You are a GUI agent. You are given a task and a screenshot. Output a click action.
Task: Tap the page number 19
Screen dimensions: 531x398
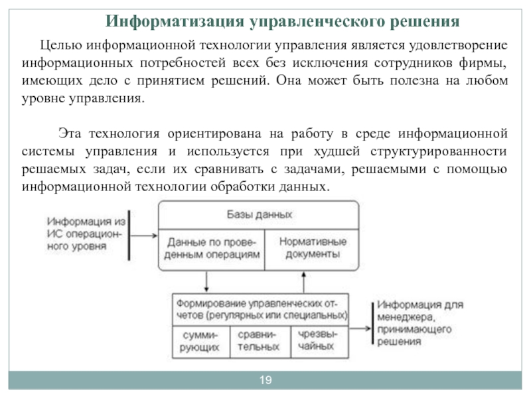(265, 380)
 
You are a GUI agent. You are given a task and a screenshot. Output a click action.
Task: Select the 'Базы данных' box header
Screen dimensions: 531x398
(259, 215)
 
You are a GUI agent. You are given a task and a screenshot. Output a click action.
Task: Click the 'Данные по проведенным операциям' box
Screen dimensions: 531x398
(211, 247)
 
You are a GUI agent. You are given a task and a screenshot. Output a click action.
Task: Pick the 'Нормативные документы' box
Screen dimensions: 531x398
(311, 247)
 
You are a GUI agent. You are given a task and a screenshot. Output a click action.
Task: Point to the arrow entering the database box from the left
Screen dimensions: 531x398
(145, 233)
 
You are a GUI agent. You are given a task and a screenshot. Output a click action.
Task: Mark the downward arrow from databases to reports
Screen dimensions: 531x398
(208, 281)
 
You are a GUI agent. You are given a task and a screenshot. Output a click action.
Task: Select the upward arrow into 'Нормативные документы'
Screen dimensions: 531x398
(304, 281)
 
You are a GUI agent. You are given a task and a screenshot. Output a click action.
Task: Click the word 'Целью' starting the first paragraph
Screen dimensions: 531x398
(60, 45)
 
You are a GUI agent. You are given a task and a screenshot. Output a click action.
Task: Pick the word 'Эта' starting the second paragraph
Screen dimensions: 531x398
(70, 132)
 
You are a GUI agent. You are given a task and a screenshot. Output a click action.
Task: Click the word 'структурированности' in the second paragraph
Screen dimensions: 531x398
(439, 151)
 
